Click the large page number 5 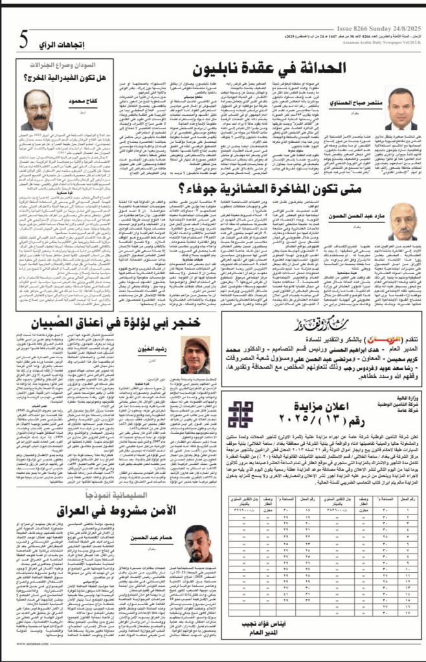pyautogui.click(x=23, y=41)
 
